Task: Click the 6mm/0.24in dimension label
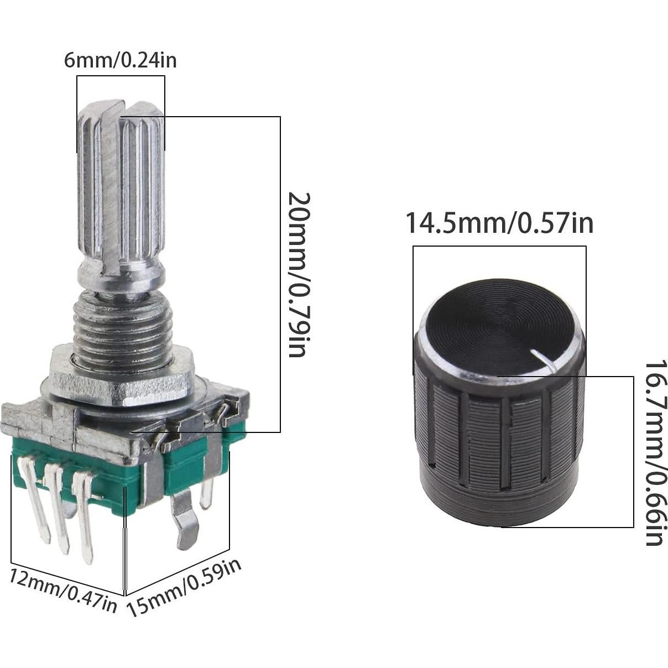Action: point(121,59)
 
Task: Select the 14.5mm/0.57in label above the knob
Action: point(499,223)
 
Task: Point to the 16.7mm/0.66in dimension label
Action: point(654,453)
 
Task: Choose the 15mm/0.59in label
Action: point(185,587)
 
